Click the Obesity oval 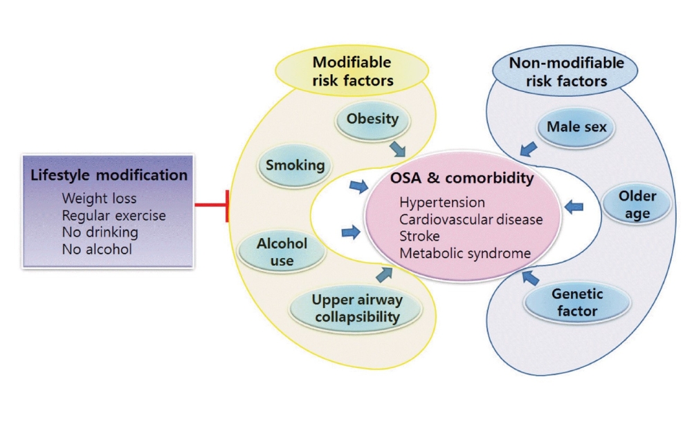click(x=372, y=119)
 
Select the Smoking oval click(x=295, y=165)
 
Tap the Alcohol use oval click(x=282, y=253)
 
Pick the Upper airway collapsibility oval click(x=356, y=309)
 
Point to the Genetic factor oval click(x=576, y=302)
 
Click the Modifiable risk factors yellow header click(x=352, y=72)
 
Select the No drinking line click(x=100, y=232)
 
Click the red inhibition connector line click(x=210, y=205)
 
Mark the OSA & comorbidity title click(x=462, y=179)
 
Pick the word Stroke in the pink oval click(x=419, y=237)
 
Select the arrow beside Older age click(x=574, y=206)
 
